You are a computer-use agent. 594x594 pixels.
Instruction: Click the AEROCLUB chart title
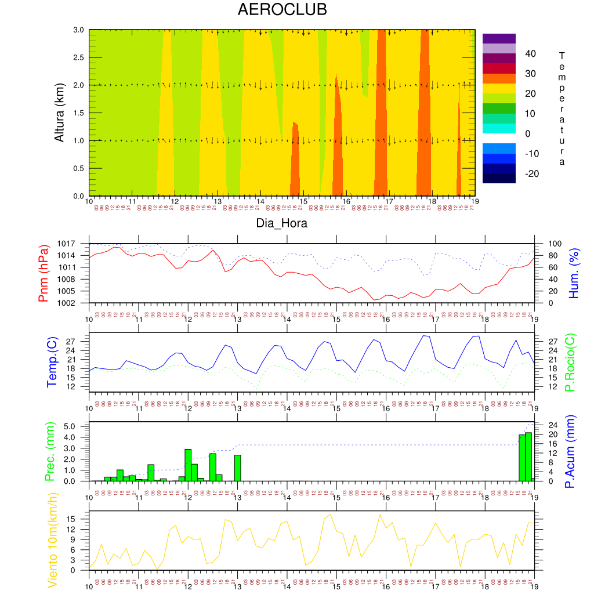pyautogui.click(x=282, y=10)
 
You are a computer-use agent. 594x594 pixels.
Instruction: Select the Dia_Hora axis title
pyautogui.click(x=282, y=223)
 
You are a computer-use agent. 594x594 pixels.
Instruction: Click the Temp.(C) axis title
pyautogui.click(x=52, y=362)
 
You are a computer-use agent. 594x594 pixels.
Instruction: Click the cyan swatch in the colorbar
pyautogui.click(x=499, y=128)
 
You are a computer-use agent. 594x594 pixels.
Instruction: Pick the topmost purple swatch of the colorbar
pyautogui.click(x=499, y=38)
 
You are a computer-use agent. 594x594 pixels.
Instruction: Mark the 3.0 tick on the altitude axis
pyautogui.click(x=79, y=30)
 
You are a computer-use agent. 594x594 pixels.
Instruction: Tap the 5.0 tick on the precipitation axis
pyautogui.click(x=71, y=427)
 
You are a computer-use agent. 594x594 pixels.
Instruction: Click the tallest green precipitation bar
pyautogui.click(x=528, y=457)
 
